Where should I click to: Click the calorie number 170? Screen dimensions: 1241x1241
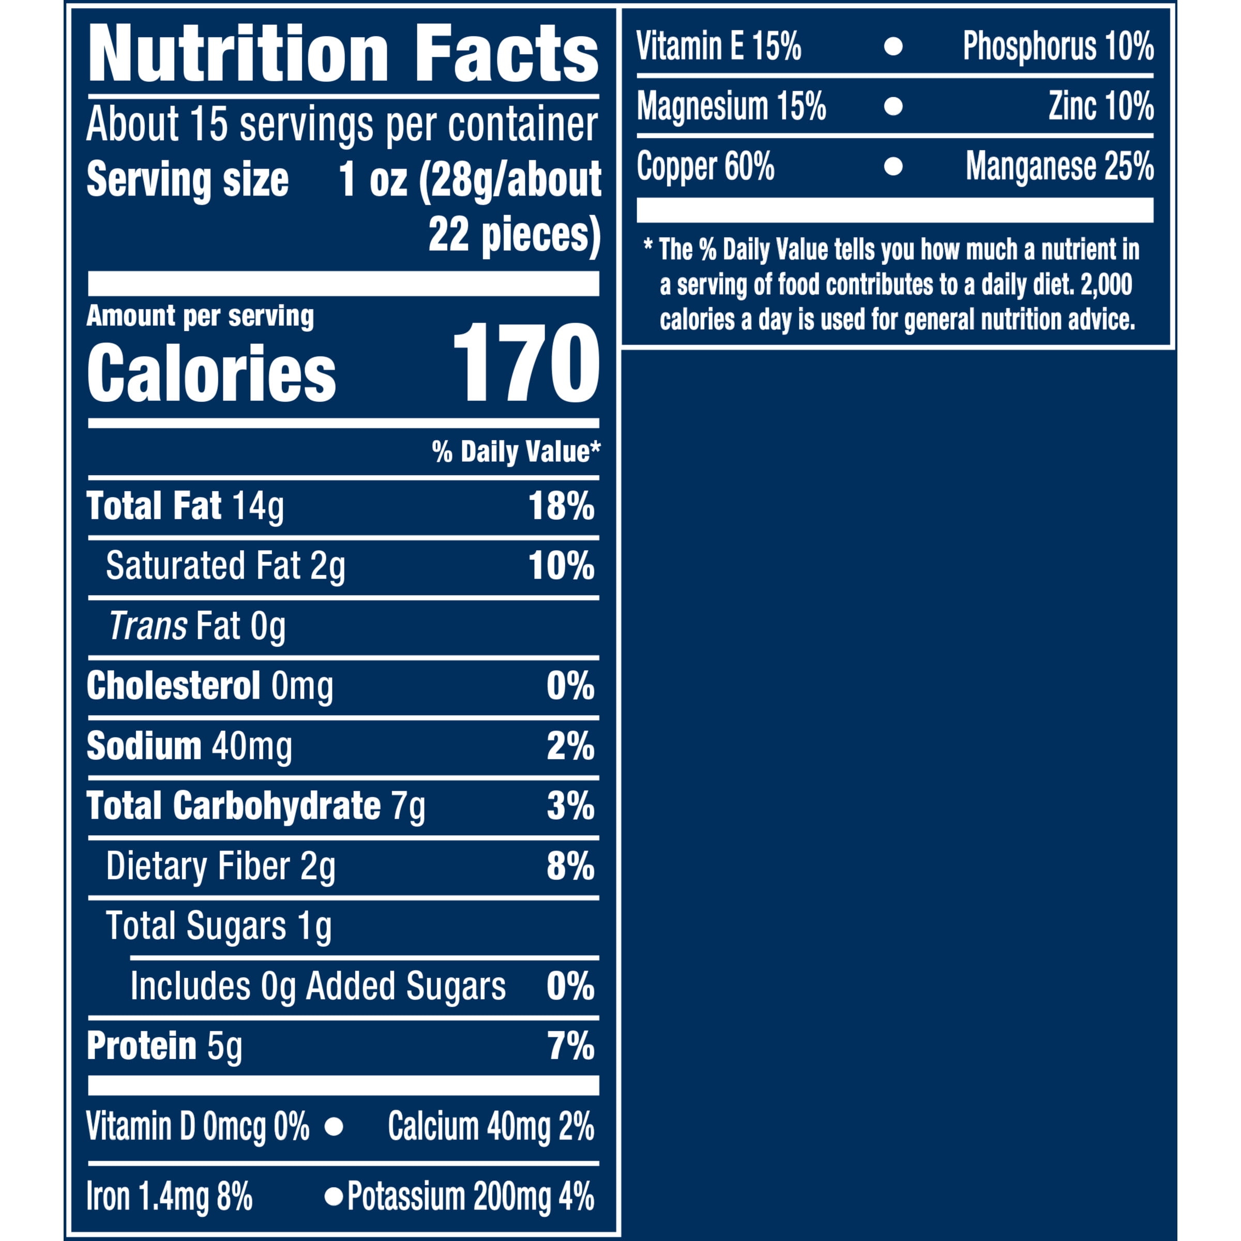tap(526, 363)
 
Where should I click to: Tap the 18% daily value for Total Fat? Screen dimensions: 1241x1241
tap(561, 506)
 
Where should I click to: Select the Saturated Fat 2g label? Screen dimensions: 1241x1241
tap(225, 567)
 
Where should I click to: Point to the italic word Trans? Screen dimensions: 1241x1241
tap(148, 626)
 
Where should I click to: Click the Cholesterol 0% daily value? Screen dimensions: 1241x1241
tap(570, 686)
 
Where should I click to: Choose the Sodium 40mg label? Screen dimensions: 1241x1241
tap(189, 746)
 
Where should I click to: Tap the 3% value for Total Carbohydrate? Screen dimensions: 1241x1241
tap(570, 806)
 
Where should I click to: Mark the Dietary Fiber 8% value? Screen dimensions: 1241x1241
tap(570, 867)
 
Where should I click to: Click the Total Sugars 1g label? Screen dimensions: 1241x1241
tap(218, 926)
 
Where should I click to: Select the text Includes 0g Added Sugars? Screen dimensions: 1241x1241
tap(318, 987)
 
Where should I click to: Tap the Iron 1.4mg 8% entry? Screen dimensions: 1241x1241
tap(170, 1198)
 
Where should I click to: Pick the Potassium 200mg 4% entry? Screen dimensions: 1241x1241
tap(470, 1198)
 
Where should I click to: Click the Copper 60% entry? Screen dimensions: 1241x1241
tap(705, 167)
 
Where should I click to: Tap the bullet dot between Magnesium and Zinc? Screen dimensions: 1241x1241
tap(893, 106)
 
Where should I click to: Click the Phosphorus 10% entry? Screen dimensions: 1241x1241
tap(1058, 46)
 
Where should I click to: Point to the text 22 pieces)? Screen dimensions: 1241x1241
tap(514, 236)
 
